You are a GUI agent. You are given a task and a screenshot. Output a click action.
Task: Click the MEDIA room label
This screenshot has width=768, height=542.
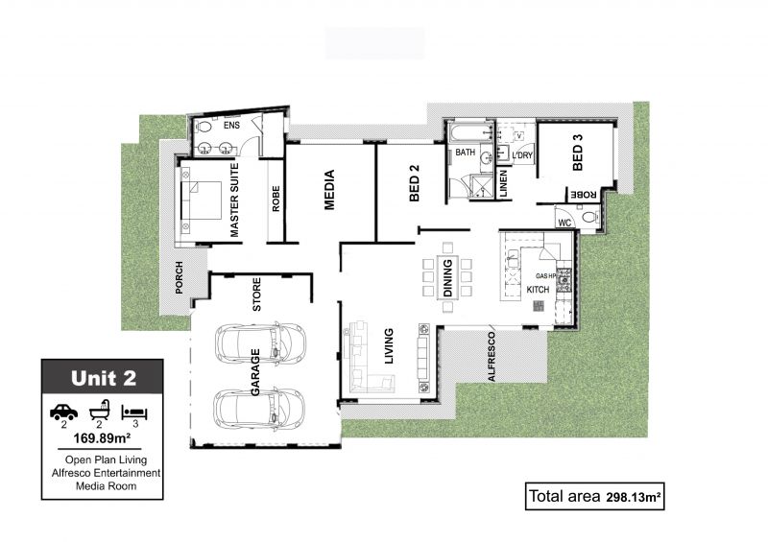(x=329, y=190)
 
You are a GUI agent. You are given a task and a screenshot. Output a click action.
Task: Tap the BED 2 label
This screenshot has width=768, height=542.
(x=415, y=182)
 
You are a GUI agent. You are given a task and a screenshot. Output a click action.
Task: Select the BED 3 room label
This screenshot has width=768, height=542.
(x=578, y=153)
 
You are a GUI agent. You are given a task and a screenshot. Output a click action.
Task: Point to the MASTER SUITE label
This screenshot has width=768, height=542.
(x=234, y=200)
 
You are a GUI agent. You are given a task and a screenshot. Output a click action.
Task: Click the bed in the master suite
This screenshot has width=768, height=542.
(x=202, y=200)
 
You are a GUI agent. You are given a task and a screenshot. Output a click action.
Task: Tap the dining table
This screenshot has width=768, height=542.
(x=447, y=277)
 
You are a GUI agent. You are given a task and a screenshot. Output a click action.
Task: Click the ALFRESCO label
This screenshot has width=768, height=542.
(x=492, y=357)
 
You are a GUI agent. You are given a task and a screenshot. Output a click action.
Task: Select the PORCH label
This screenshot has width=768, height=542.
(x=179, y=277)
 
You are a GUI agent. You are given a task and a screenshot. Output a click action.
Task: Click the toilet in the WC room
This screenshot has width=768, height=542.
(x=590, y=217)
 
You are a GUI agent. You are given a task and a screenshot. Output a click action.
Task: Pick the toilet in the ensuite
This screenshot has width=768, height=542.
(x=203, y=127)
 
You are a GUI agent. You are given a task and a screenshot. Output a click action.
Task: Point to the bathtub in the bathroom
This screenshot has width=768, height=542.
(x=470, y=132)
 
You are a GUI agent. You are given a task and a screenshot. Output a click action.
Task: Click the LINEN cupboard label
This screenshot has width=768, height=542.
(x=503, y=183)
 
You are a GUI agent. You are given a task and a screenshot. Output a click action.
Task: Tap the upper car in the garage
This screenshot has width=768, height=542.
(x=260, y=342)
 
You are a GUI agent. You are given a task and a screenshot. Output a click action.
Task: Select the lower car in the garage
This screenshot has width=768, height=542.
(x=259, y=410)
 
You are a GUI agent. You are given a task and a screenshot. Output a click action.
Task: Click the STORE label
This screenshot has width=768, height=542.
(x=256, y=295)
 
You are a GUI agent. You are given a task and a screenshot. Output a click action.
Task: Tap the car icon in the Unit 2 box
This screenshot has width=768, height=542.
(x=63, y=412)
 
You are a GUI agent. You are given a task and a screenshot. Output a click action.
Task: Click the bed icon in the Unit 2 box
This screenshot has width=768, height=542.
(x=134, y=412)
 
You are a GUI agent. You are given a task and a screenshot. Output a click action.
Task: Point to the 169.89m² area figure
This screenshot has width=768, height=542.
(x=102, y=437)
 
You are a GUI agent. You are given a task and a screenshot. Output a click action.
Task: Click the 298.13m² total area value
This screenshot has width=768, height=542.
(x=634, y=498)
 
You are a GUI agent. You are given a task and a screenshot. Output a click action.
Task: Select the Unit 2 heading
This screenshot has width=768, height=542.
(x=104, y=378)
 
